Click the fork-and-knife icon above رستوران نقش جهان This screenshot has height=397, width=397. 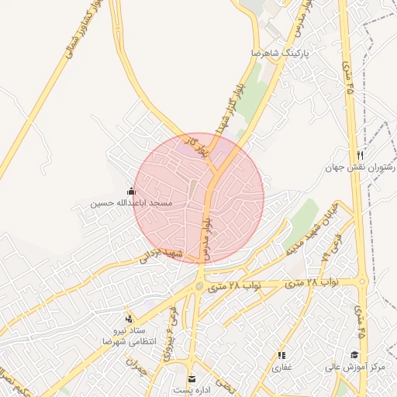click(x=360, y=155)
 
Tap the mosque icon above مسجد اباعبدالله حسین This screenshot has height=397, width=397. click(x=130, y=191)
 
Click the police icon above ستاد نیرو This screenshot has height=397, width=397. click(x=129, y=319)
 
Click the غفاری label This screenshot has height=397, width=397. click(x=280, y=368)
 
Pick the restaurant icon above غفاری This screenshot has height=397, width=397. click(x=280, y=355)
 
